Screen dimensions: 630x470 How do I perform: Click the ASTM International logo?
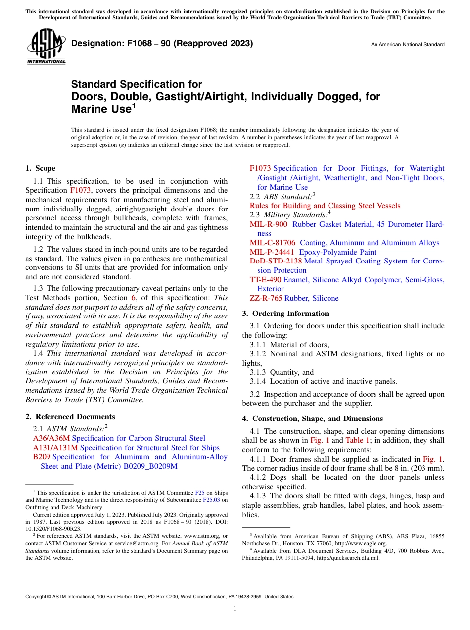[x=46, y=47]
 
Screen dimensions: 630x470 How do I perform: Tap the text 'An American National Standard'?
[x=407, y=45]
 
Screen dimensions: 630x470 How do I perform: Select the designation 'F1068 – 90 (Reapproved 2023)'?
[x=162, y=43]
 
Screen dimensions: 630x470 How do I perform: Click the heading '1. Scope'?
[x=40, y=168]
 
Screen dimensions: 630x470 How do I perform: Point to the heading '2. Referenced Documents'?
[x=70, y=417]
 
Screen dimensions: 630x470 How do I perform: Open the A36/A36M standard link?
[x=52, y=438]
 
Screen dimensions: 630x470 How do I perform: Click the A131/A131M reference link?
[x=55, y=448]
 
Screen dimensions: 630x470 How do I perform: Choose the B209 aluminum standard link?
[x=42, y=457]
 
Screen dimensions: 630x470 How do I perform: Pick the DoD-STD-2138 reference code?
[x=276, y=261]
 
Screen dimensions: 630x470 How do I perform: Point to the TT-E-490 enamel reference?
[x=265, y=280]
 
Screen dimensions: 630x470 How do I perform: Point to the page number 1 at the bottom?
[x=235, y=608]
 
